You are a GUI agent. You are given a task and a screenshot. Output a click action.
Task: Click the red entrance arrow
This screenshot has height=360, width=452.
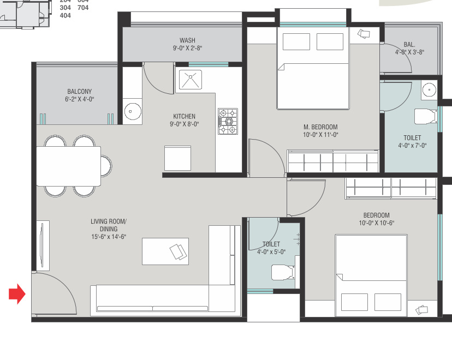17,294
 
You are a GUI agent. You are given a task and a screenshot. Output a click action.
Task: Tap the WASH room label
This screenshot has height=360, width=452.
187,40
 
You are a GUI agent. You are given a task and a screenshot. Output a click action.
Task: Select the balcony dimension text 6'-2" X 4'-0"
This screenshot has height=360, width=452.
80,99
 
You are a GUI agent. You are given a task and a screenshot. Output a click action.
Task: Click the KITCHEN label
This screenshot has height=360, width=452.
184,116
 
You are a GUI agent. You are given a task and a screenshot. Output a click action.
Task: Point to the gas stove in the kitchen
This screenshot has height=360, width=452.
228,121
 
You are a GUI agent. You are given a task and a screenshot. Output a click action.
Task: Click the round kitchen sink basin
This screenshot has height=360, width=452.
133,111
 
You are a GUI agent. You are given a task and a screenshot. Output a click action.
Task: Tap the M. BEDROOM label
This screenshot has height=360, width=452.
320,127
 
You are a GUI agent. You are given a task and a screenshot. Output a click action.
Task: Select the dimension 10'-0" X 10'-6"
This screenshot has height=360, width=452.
377,223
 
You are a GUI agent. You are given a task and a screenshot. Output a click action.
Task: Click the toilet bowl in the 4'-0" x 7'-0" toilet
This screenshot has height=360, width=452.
425,116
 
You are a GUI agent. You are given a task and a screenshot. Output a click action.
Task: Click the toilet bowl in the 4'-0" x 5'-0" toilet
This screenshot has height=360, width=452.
283,272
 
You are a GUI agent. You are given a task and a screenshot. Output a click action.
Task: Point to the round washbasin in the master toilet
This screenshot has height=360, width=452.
429,90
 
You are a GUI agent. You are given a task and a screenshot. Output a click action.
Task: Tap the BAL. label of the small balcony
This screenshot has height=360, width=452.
409,45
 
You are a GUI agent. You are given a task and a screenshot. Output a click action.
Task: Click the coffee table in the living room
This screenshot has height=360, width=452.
165,251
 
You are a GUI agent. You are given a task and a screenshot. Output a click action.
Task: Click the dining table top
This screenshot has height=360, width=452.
69,166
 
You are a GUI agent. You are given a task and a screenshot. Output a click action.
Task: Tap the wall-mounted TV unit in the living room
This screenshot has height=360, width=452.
43,245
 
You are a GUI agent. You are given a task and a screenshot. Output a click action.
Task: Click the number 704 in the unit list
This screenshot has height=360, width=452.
83,8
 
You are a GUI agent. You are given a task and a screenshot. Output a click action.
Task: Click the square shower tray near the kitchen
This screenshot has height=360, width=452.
191,80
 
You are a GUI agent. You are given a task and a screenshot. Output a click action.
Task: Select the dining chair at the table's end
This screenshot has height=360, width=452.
106,166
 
